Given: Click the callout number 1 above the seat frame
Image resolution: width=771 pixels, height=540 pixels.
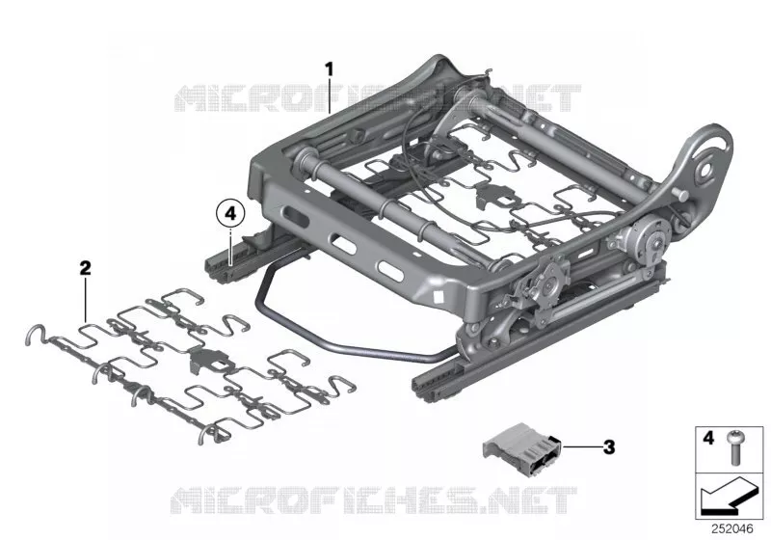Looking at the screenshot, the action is click(330, 69).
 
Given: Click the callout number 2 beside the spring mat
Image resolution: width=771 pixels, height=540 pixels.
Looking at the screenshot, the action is click(85, 268).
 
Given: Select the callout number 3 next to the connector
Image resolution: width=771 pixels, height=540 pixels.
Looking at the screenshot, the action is click(609, 447).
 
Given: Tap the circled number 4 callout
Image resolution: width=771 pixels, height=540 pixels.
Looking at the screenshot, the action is click(230, 214).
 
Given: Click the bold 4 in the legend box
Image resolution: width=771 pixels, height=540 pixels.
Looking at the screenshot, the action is click(708, 437).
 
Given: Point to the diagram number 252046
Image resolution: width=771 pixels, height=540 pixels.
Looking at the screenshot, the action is click(732, 528).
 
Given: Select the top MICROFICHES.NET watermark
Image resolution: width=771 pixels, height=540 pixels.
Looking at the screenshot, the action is click(378, 97).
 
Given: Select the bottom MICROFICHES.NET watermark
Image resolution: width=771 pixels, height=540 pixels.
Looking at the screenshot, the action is click(374, 500).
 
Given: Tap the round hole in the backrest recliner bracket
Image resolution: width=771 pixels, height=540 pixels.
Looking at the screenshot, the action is click(706, 168).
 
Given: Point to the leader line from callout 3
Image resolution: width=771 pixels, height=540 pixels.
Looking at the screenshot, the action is click(582, 446).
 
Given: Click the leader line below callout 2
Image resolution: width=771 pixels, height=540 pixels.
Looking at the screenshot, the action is click(85, 300).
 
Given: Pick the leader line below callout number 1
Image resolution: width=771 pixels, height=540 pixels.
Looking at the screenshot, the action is click(330, 95).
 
